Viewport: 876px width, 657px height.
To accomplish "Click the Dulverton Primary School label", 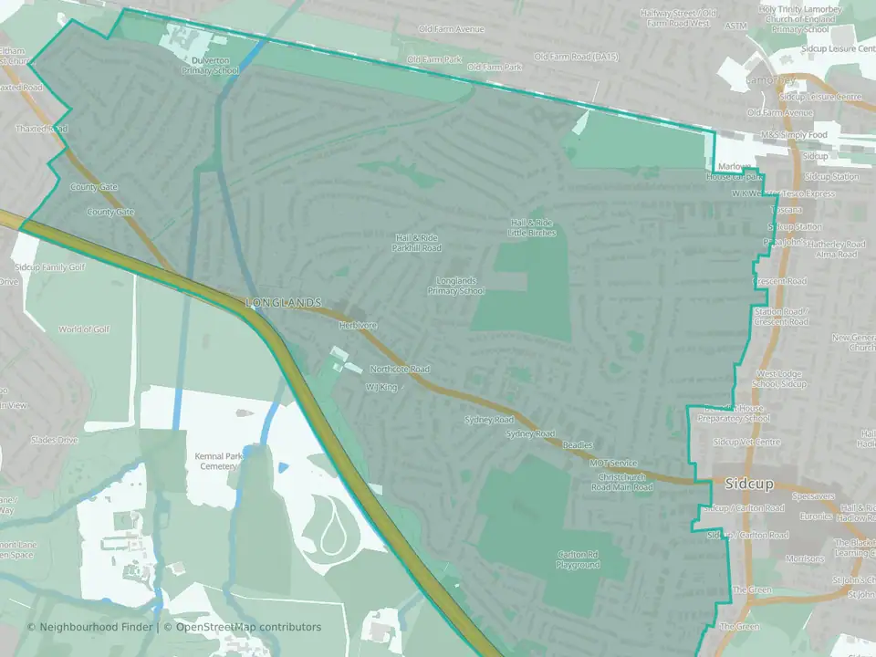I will pos(210,65).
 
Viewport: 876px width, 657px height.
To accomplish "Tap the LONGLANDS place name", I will pos(283,302).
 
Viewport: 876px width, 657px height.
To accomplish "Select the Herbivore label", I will pos(358,325).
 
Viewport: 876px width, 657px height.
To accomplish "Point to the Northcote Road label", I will pos(400,370).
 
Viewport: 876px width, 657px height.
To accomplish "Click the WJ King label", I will pos(381,388).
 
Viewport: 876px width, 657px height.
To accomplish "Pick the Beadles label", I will pos(577,445).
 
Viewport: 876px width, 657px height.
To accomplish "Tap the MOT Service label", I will pos(613,464).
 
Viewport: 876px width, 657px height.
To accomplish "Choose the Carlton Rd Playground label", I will pos(579,559).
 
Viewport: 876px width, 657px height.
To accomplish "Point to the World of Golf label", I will pos(83,329).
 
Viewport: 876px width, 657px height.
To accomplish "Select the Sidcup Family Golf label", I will pos(50,267).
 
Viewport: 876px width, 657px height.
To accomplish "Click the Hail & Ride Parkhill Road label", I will pos(416,243).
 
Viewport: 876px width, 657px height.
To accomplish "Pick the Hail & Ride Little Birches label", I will pos(531,228).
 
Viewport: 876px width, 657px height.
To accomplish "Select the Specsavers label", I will pos(813,497).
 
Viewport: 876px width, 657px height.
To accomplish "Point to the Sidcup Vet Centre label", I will pos(746,442).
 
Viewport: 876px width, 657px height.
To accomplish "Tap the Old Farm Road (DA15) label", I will pos(576,57).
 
